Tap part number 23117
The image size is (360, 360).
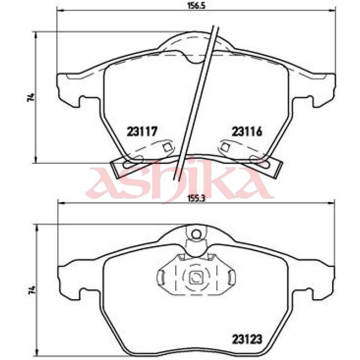tap(142, 131)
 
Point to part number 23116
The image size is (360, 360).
tap(247, 131)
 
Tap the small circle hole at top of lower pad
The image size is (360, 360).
tap(196, 234)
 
